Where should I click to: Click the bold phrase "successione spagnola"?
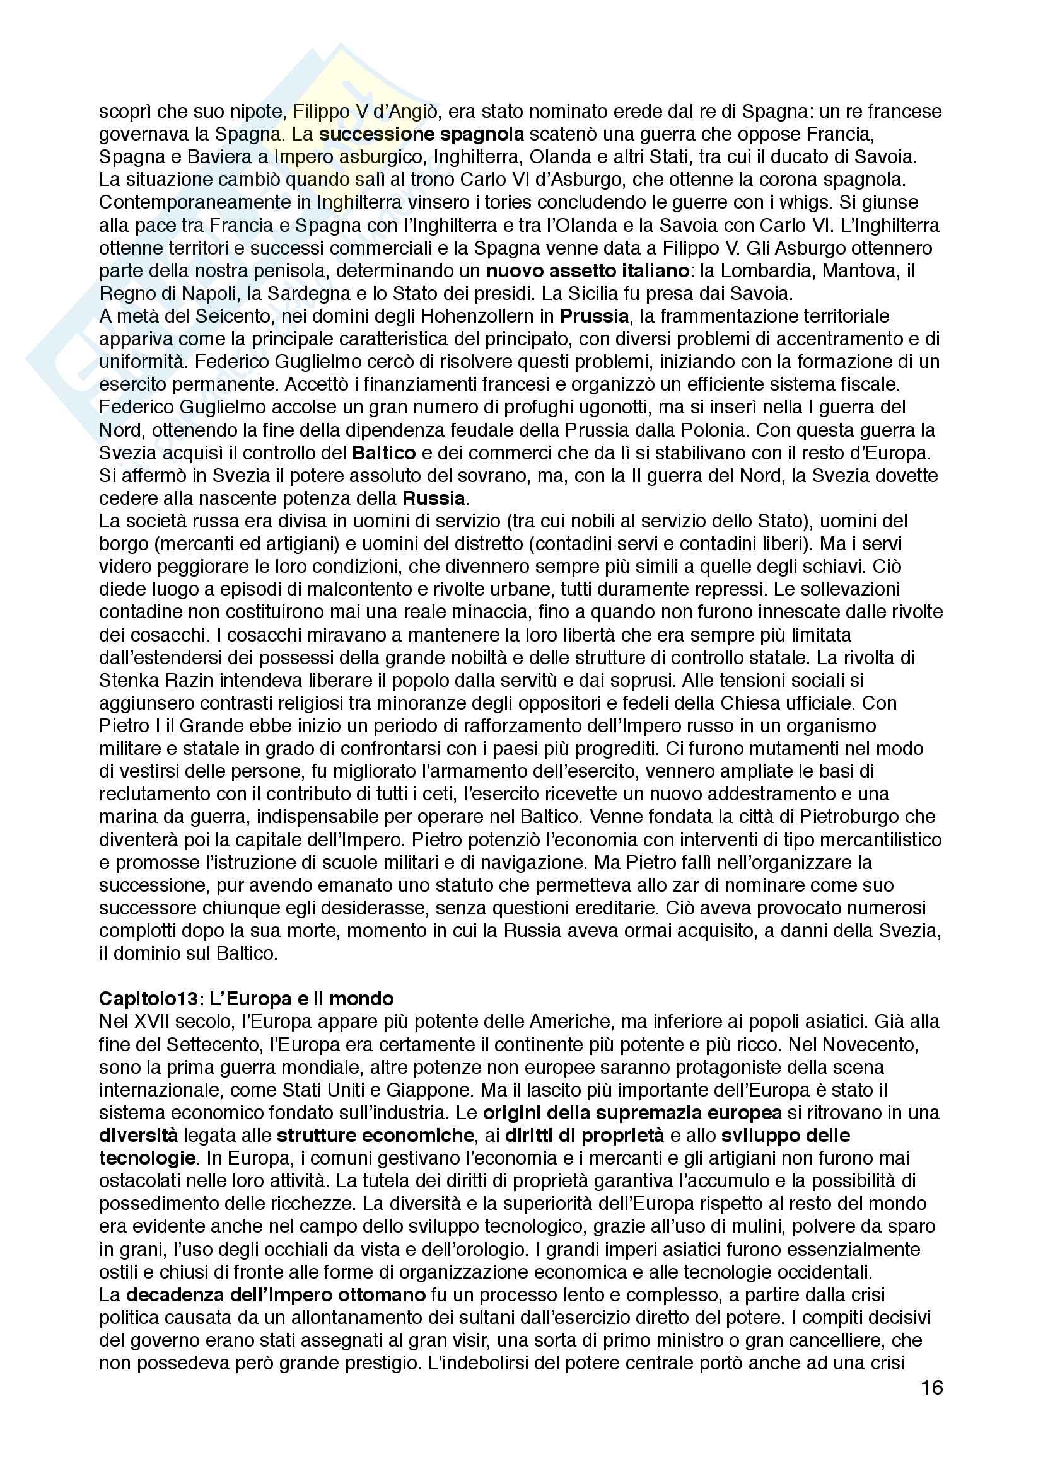pos(421,134)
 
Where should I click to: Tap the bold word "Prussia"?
pos(594,316)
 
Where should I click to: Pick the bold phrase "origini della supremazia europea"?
pos(632,1112)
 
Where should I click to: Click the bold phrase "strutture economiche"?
pos(376,1135)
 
